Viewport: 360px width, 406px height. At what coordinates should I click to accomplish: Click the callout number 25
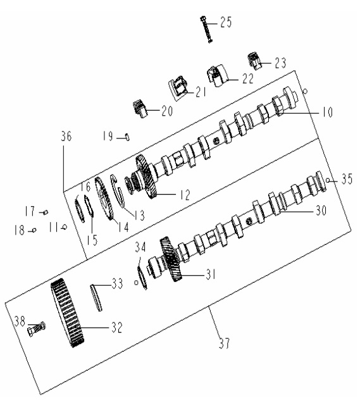tap(226, 22)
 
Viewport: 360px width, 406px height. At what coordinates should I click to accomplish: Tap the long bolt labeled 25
tap(206, 30)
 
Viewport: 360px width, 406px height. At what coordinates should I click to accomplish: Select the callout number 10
tap(327, 113)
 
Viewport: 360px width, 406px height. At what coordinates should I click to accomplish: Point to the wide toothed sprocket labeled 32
tap(67, 313)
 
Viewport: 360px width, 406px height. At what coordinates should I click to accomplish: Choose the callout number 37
tap(225, 343)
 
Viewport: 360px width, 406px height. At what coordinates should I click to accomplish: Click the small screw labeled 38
tap(36, 329)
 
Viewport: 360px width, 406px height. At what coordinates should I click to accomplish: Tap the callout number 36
tap(66, 136)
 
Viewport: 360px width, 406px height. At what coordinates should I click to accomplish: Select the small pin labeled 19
tap(127, 137)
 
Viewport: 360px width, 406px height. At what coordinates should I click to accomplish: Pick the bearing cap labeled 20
tap(140, 109)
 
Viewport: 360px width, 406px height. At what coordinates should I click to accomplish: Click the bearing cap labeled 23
tap(255, 61)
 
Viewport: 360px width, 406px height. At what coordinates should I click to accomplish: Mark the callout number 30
tap(321, 210)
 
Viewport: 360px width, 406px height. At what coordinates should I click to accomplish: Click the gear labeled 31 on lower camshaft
tap(171, 259)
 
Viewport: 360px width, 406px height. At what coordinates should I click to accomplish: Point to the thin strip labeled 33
tap(96, 298)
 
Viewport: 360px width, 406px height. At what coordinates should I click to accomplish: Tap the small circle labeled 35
tap(328, 180)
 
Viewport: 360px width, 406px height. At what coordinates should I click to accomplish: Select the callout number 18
tap(20, 230)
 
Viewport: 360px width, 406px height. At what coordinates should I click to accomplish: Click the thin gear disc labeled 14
tap(104, 199)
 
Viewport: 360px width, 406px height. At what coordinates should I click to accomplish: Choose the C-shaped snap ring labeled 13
tap(118, 192)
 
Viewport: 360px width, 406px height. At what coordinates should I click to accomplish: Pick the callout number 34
tap(140, 247)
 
